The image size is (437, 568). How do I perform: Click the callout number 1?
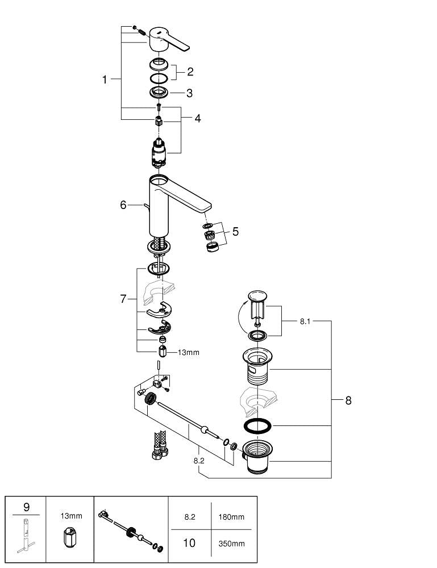tap(105, 80)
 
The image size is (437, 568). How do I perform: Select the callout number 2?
tap(190, 72)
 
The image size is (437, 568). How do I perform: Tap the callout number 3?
tap(190, 93)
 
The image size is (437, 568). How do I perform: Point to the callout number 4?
tap(197, 118)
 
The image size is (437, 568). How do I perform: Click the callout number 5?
tap(235, 232)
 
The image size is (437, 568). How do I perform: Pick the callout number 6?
tap(123, 205)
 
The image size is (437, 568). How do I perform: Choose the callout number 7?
tap(123, 299)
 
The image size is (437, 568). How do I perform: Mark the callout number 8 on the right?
tap(348, 400)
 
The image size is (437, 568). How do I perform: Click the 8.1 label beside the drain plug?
tap(305, 321)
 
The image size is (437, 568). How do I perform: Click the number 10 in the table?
tap(189, 544)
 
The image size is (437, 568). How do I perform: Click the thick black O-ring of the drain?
tap(257, 426)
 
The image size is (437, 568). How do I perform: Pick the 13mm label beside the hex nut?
tap(188, 353)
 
